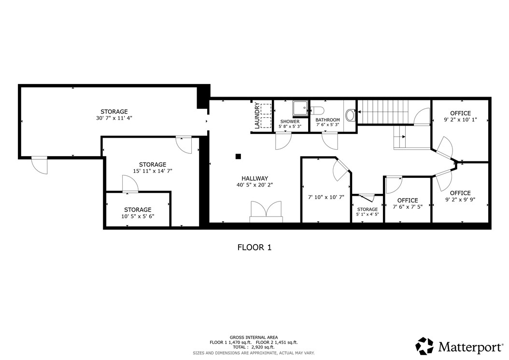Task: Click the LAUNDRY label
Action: click(x=257, y=115)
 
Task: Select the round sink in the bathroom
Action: click(x=351, y=115)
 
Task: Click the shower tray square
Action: click(x=300, y=108)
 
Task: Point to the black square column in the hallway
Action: click(x=238, y=156)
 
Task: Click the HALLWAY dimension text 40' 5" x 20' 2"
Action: click(x=255, y=185)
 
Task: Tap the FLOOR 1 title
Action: click(x=254, y=247)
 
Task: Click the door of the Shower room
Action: click(x=283, y=141)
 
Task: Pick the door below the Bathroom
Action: click(x=330, y=141)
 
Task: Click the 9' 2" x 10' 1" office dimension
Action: click(x=460, y=119)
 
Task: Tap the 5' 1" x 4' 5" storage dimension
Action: click(x=368, y=215)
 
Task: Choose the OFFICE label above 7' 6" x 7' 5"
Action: click(x=408, y=200)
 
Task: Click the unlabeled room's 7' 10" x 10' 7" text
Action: click(x=326, y=197)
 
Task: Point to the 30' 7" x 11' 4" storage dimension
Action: click(x=114, y=118)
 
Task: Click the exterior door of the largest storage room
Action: click(x=40, y=165)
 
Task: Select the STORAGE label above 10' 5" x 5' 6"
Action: click(x=138, y=210)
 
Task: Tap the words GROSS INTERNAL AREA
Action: click(x=254, y=338)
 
